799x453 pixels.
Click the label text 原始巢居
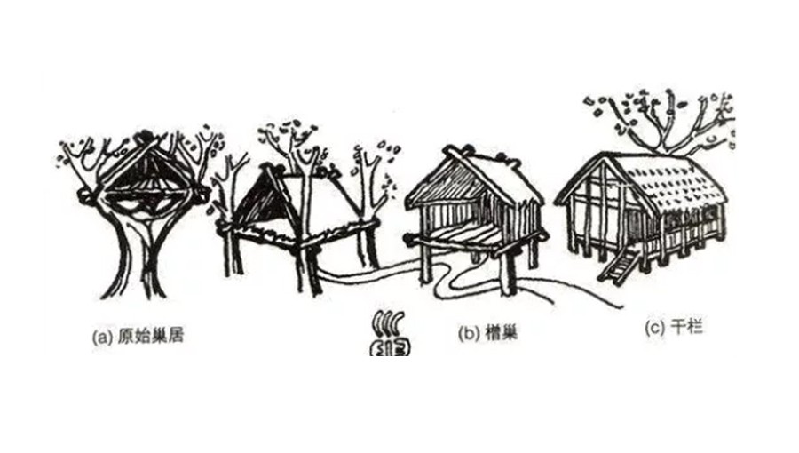[x=150, y=336]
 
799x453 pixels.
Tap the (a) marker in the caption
[x=102, y=337]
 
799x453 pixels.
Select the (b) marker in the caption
[x=468, y=334]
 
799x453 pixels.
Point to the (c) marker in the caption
[x=655, y=328]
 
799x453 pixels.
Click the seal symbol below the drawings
[x=391, y=334]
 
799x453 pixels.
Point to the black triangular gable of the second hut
[x=259, y=199]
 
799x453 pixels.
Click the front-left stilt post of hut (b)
[x=425, y=264]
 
